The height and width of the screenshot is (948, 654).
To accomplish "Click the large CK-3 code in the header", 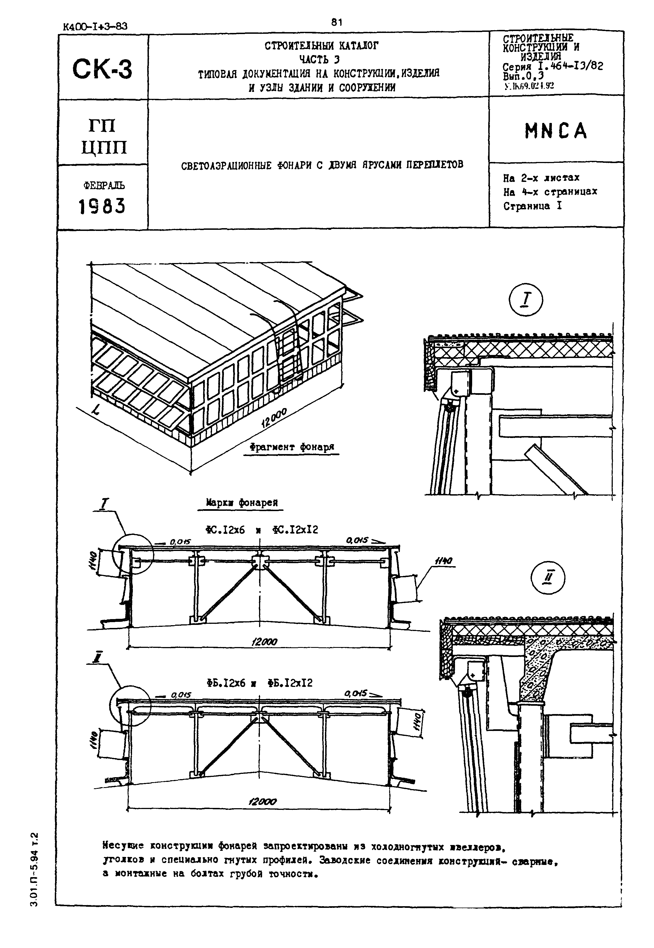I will [102, 69].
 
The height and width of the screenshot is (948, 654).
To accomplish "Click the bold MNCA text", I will [556, 132].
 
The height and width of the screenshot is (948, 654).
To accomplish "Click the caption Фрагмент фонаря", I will [292, 447].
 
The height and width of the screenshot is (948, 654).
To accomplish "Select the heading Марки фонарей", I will [242, 503].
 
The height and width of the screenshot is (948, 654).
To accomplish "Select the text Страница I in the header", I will [532, 206].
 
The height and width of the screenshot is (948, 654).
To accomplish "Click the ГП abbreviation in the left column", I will [102, 125].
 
